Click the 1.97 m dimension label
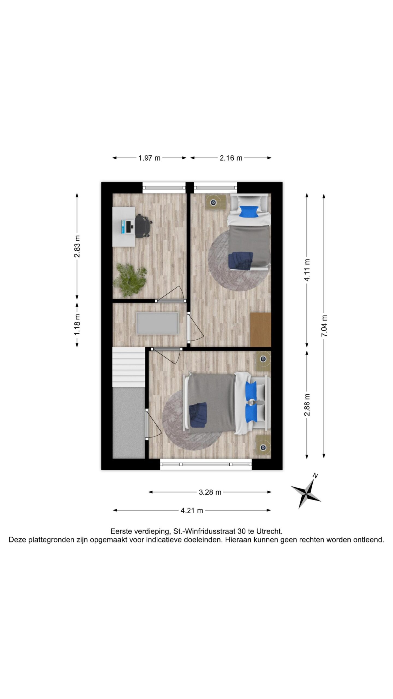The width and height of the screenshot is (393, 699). click(x=149, y=158)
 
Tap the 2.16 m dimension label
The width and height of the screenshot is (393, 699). click(x=231, y=158)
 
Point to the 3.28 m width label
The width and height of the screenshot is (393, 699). click(x=210, y=492)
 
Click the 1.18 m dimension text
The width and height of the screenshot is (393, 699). click(x=77, y=324)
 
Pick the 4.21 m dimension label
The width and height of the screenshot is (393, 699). click(x=192, y=510)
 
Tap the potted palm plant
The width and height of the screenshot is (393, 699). click(x=130, y=279)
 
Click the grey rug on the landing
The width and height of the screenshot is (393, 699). click(x=157, y=323)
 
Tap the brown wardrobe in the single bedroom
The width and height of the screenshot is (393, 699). click(x=261, y=330)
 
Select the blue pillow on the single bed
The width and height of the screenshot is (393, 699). click(x=248, y=211)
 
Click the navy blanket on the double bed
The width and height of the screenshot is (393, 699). click(x=198, y=415)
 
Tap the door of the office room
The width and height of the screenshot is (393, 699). click(x=171, y=293)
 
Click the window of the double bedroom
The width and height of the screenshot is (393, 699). click(x=206, y=464)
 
